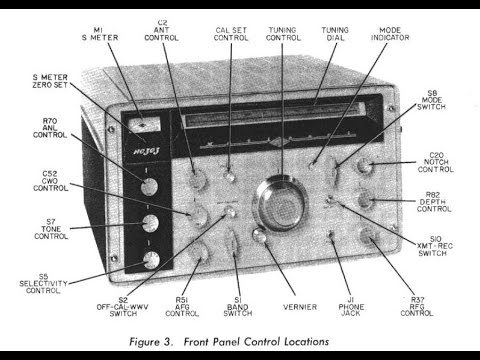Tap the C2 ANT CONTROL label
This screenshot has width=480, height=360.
click(x=163, y=31)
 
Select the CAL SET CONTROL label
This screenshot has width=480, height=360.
click(x=232, y=38)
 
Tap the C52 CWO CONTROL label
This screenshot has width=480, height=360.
click(x=51, y=180)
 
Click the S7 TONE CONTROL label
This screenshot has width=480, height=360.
click(x=51, y=229)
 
